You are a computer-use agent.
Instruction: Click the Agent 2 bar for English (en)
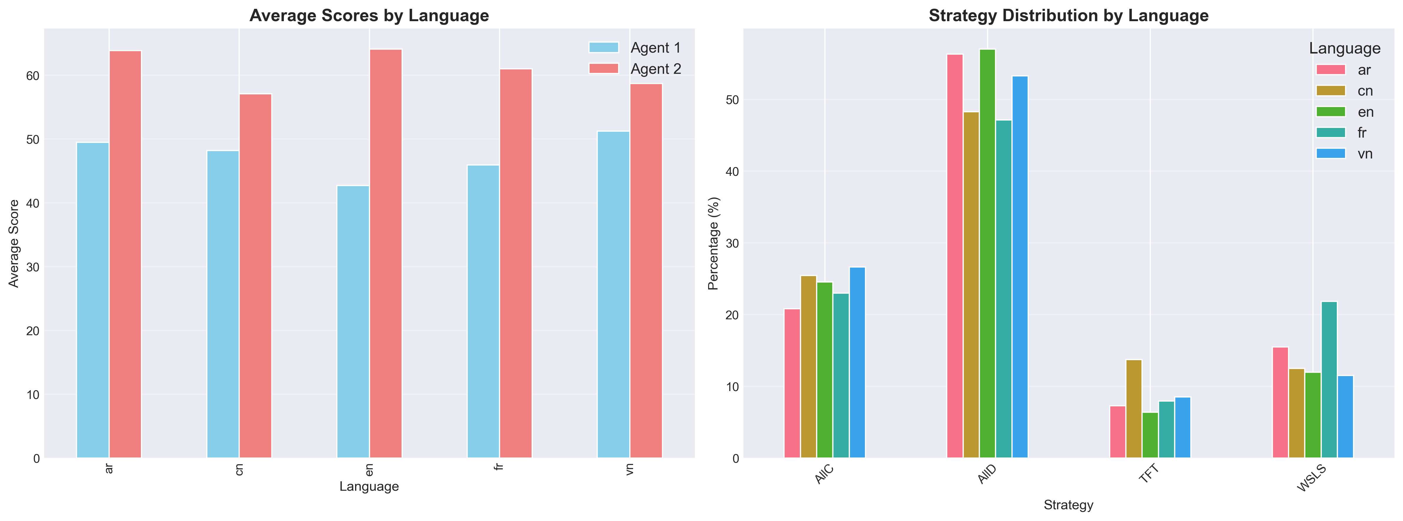[386, 254]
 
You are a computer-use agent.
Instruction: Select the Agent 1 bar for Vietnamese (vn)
[613, 295]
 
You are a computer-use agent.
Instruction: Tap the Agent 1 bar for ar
[93, 300]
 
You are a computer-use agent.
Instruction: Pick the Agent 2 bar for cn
[255, 276]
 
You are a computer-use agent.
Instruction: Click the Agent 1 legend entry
[635, 48]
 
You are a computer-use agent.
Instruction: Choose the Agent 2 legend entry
[635, 69]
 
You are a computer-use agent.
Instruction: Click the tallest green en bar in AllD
[987, 254]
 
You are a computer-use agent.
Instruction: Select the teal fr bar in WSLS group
[1329, 380]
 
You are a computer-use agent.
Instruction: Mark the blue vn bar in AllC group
[857, 363]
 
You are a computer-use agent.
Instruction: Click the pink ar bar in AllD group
[955, 256]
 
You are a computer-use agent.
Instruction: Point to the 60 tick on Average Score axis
[33, 76]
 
